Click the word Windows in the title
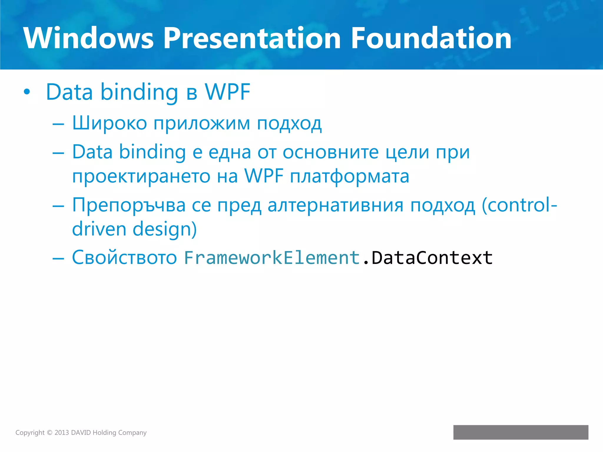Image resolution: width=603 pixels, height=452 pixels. point(88,38)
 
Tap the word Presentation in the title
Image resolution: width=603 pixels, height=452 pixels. point(252,38)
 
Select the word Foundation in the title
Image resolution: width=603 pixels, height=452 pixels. point(431,38)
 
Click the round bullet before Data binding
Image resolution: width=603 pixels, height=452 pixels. point(27,92)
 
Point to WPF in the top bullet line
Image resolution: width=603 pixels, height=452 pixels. point(227,92)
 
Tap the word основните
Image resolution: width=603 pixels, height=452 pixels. point(331,152)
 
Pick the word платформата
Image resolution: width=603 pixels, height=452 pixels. point(349,177)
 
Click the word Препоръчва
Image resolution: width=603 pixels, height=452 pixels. point(129,205)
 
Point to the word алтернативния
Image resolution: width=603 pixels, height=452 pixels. point(335,205)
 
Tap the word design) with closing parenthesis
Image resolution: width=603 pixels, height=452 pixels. point(165,230)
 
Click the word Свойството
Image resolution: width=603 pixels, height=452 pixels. point(124,258)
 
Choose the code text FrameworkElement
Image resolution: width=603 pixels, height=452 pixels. point(272,258)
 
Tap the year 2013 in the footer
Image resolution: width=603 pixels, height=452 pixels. point(62,433)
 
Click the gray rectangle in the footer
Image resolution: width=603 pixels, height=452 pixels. point(521,432)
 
